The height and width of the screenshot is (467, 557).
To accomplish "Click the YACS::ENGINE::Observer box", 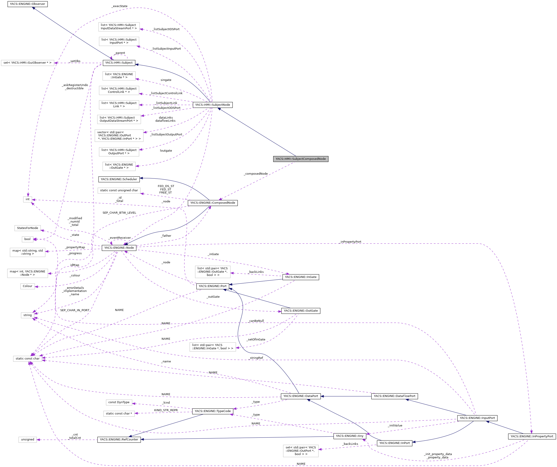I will click(x=27, y=4).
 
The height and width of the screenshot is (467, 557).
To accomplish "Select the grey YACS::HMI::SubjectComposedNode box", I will click(x=301, y=159).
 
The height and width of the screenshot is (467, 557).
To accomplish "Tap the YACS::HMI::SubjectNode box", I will click(x=213, y=105).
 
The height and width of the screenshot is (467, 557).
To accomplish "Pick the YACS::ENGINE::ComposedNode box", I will click(x=213, y=203).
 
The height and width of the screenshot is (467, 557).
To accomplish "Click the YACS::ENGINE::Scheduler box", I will click(x=119, y=179).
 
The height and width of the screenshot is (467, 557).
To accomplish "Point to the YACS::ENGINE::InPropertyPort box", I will click(x=532, y=436).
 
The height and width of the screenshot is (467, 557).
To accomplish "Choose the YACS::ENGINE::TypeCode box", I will click(x=213, y=411).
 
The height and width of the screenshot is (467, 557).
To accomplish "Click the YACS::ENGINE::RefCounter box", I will click(x=119, y=440).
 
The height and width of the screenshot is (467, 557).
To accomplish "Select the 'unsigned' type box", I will click(x=27, y=440).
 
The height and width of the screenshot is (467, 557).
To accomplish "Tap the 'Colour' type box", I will click(x=27, y=286).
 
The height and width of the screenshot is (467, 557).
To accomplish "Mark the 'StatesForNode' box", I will click(x=27, y=228).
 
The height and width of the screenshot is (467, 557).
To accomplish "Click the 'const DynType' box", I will click(x=119, y=402).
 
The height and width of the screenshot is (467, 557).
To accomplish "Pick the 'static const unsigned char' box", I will click(x=119, y=190).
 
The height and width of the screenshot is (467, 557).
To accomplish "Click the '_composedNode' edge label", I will click(x=256, y=174).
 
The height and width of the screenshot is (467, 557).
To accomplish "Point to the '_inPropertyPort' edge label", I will click(x=351, y=242).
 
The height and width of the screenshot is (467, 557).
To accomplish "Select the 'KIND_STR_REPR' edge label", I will click(x=166, y=410).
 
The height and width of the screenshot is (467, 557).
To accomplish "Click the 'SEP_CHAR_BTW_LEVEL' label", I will click(x=119, y=213).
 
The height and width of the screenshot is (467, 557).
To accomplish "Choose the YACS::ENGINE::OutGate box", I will click(x=301, y=311).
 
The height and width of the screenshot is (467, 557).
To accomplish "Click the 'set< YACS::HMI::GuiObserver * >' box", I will click(x=27, y=63).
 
